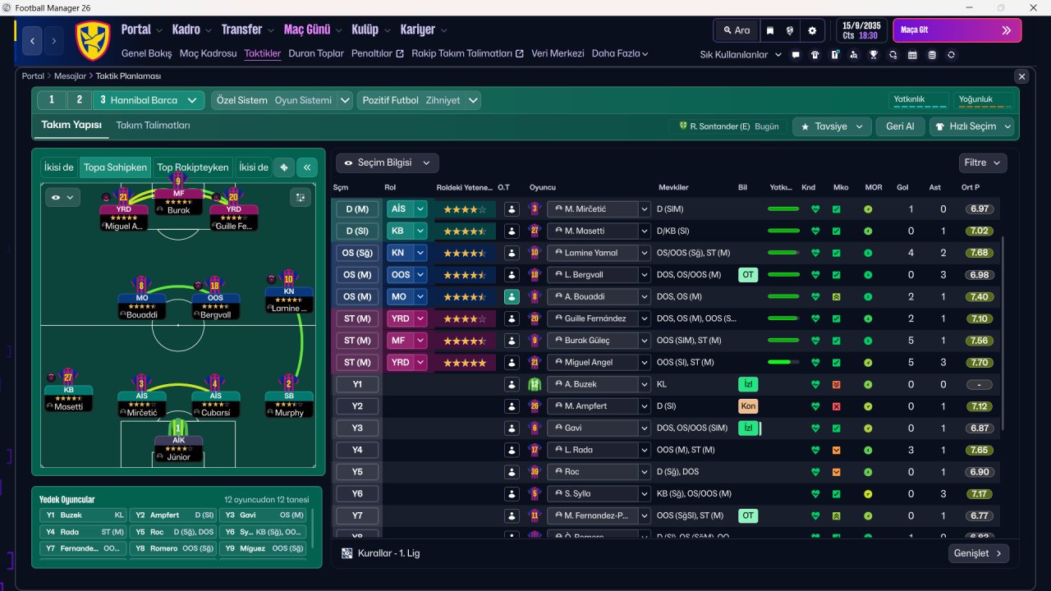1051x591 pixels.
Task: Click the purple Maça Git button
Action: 957,30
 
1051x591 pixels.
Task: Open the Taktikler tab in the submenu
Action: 263,53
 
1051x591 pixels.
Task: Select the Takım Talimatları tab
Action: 153,126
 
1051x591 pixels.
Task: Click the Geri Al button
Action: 900,126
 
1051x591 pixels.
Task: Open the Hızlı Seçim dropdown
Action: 972,126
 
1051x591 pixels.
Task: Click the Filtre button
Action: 982,163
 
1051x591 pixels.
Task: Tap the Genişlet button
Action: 978,553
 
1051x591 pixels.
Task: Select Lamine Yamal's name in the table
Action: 591,253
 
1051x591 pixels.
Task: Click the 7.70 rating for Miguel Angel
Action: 979,362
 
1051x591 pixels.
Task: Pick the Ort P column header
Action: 971,187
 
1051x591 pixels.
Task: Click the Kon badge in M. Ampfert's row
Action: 748,406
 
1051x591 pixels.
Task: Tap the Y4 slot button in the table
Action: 357,450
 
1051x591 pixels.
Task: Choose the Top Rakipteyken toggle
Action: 193,167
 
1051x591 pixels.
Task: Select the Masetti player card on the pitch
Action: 68,397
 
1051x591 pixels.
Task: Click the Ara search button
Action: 737,30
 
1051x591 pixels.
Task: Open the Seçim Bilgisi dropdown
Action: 387,163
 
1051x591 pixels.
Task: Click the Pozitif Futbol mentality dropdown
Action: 419,100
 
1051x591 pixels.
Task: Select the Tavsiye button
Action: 832,126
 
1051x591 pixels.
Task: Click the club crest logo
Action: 93,40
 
